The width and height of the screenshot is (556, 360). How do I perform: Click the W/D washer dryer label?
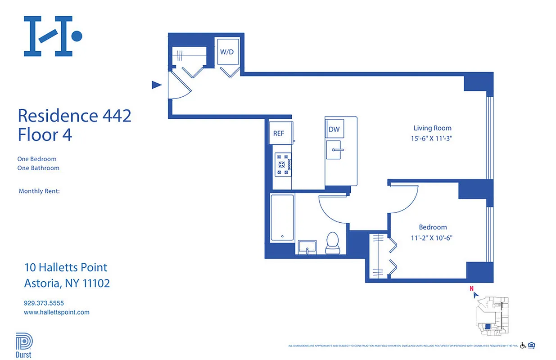coord(226,52)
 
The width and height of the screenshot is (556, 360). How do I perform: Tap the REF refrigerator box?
coord(279,133)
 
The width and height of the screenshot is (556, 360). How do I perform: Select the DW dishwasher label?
coord(334,130)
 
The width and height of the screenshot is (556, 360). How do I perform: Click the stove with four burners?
coord(283,164)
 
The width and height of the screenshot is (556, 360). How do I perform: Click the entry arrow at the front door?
coord(156,85)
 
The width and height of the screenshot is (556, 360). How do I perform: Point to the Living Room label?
coord(432,128)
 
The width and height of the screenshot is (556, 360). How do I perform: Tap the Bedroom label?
coord(433,227)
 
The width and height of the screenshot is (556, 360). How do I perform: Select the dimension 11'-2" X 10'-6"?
coord(431,238)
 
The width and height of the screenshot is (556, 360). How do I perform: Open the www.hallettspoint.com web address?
coord(56,312)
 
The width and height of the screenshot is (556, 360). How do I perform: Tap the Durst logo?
coord(24,344)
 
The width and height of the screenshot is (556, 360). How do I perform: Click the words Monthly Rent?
coord(39,191)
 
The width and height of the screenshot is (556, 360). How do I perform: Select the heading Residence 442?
coord(74,116)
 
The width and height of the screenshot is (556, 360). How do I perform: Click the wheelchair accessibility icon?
coord(523,346)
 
